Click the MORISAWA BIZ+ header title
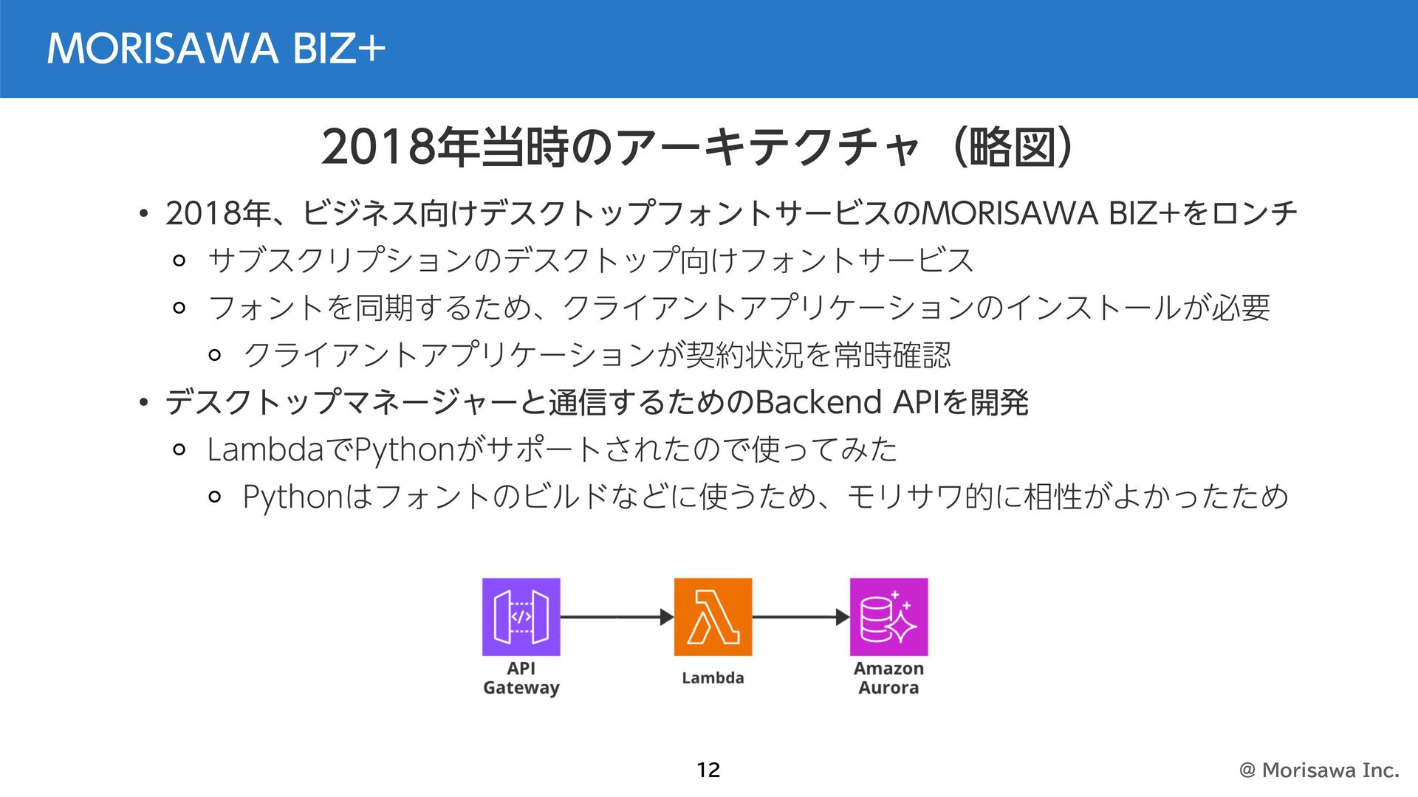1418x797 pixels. [216, 49]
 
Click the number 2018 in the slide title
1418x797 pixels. [378, 147]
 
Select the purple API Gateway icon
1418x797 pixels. [521, 617]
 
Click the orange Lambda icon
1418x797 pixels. [713, 617]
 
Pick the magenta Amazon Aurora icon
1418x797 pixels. [888, 617]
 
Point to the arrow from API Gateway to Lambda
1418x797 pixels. [617, 617]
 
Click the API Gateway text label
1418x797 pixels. [521, 677]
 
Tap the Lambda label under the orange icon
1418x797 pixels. [713, 677]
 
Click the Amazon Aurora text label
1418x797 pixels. [888, 677]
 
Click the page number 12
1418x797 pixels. [708, 770]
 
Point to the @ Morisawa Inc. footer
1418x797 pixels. [1319, 770]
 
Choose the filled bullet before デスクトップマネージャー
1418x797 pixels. [144, 403]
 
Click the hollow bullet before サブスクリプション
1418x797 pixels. [179, 261]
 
